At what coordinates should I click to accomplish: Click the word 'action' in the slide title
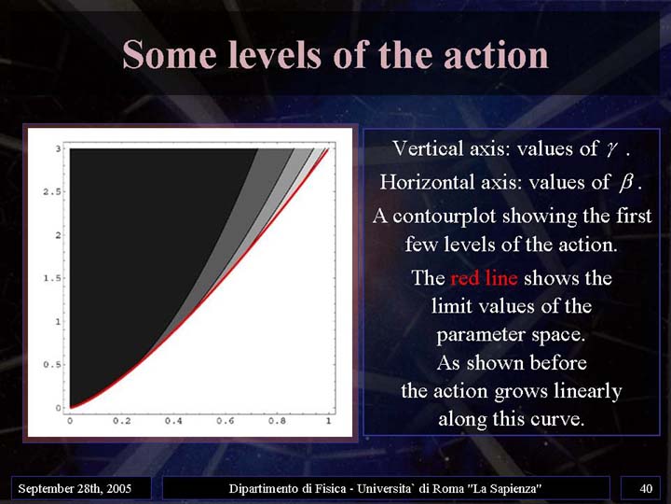coord(497,55)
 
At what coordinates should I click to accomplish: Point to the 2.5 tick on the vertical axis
coord(52,191)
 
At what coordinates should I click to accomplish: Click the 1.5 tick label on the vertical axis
coord(52,278)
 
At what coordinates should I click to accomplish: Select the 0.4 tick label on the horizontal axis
coord(173,421)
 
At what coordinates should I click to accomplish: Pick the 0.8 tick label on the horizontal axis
coord(277,421)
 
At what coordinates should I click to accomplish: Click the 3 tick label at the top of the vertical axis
coord(58,148)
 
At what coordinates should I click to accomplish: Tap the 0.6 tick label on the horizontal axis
coord(226,421)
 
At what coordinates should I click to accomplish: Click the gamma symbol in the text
coord(611,149)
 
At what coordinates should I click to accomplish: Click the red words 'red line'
coord(484,278)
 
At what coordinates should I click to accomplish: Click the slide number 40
coord(646,488)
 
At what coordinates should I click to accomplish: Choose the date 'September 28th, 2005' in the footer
coord(75,488)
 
